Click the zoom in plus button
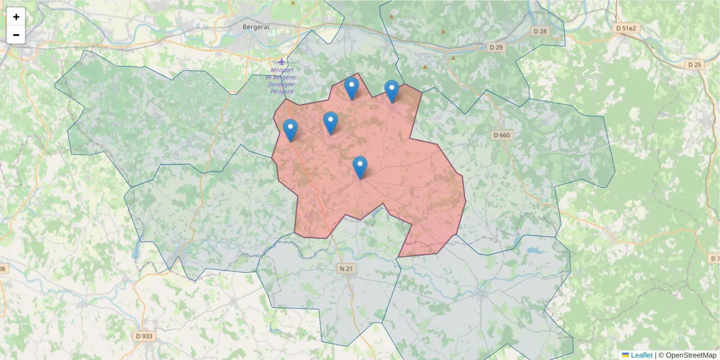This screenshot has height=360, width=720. (16, 17)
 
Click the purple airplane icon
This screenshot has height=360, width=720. (283, 61)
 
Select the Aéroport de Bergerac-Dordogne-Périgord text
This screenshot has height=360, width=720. (281, 80)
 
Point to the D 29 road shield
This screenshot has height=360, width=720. (495, 47)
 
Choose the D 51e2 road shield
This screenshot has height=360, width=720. (629, 28)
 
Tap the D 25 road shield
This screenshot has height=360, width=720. (694, 64)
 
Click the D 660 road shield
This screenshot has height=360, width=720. (501, 135)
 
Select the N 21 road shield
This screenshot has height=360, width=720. (346, 268)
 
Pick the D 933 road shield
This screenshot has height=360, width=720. (144, 336)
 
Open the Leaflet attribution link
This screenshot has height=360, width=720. (641, 355)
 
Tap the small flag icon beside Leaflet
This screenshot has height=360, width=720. (626, 355)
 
